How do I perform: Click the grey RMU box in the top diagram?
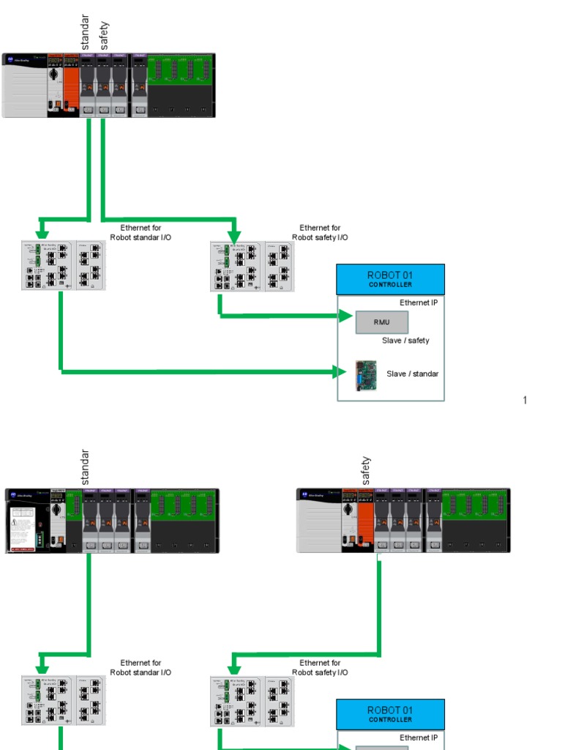click(x=381, y=322)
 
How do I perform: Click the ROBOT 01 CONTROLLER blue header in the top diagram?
click(x=390, y=279)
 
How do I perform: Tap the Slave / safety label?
click(x=405, y=341)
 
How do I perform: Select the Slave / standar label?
click(x=413, y=374)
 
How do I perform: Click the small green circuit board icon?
click(x=365, y=375)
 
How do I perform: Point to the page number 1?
click(x=525, y=400)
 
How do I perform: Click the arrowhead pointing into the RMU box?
click(x=347, y=316)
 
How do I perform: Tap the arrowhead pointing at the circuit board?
click(x=340, y=372)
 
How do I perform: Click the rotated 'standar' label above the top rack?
click(x=85, y=33)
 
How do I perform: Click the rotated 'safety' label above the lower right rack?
click(x=366, y=471)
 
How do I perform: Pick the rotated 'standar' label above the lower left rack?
click(x=85, y=467)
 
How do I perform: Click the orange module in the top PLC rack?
click(x=71, y=84)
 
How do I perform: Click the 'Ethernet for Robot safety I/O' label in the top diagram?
click(x=320, y=233)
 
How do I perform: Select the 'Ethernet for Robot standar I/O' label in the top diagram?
click(x=140, y=233)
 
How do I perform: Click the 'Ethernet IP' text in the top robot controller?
click(x=419, y=302)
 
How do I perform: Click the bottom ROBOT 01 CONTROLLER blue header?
click(x=390, y=714)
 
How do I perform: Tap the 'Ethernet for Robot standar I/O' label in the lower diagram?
click(x=140, y=668)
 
